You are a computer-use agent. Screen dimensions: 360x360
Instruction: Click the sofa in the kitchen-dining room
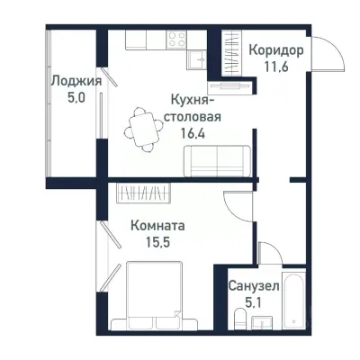tap(213, 161)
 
